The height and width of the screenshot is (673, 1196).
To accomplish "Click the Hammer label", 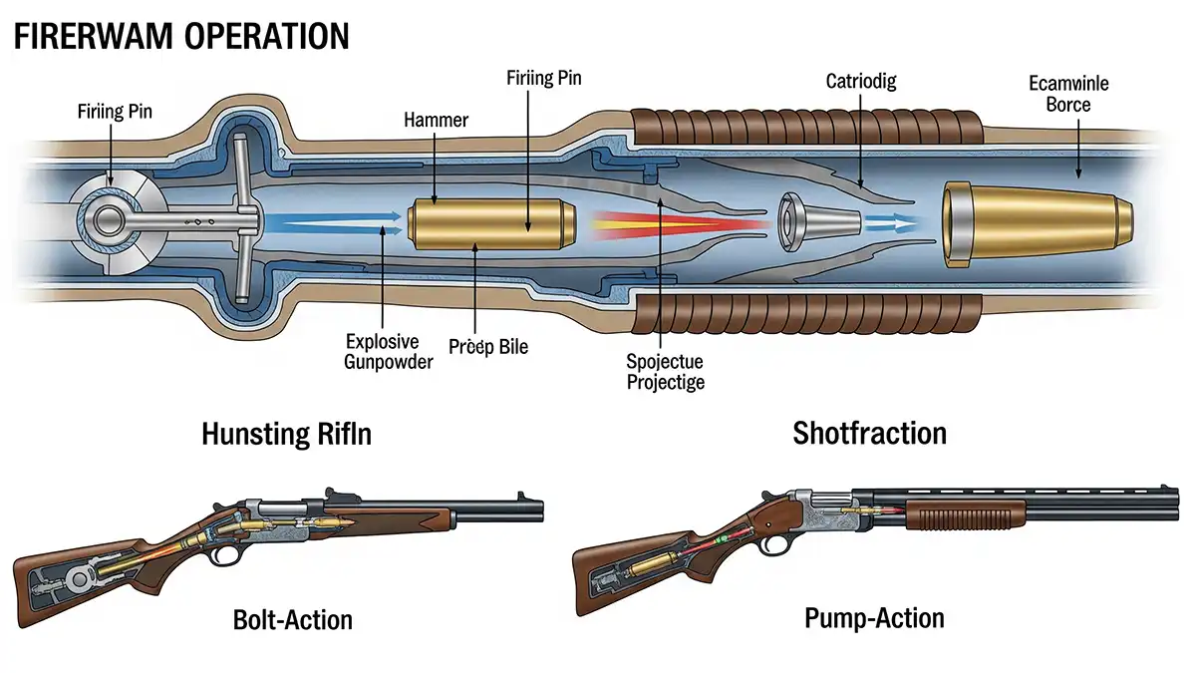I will (436, 121).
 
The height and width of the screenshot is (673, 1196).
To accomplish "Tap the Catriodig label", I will (861, 81).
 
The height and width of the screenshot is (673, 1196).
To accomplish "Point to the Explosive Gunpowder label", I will (388, 350).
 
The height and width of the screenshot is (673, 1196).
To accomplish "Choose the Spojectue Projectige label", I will (665, 372).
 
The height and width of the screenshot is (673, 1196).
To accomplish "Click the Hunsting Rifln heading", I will (285, 434).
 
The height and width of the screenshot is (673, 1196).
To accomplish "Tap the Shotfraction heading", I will (869, 433).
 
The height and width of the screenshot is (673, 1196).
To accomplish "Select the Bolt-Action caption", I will (292, 619).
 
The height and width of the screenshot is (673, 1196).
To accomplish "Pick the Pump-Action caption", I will (874, 618).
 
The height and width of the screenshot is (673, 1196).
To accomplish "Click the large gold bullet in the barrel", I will (1037, 224).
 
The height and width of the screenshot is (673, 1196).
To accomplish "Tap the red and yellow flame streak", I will (678, 225).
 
